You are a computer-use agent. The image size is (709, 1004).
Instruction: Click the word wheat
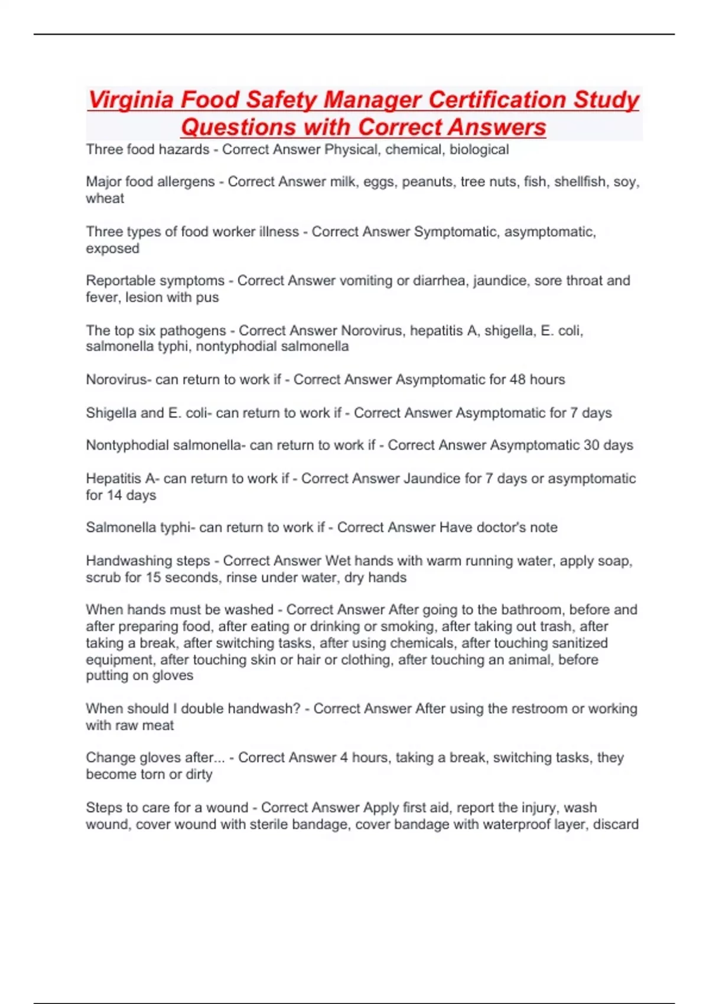(105, 198)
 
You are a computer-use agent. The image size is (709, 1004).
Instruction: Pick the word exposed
(112, 249)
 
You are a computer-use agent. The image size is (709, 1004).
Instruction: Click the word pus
(207, 298)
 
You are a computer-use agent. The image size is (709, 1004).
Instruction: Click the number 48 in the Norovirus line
(518, 380)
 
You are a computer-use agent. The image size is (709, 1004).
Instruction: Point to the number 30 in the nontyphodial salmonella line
(591, 445)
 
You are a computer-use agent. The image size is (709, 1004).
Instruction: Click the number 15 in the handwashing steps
(153, 578)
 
